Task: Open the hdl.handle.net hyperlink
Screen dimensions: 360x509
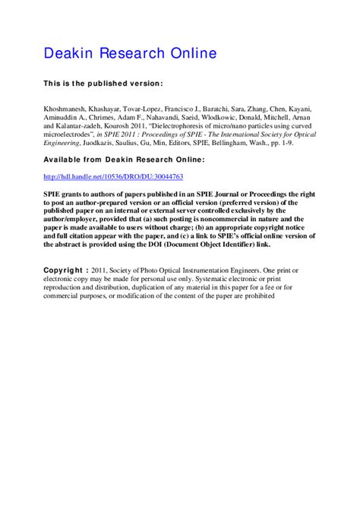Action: (x=114, y=176)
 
